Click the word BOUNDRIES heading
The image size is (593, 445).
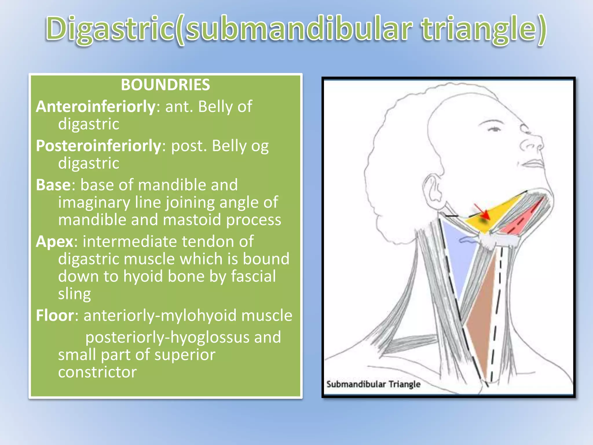pos(165,85)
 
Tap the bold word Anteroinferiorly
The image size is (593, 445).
pos(96,107)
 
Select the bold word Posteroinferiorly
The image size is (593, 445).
pos(98,146)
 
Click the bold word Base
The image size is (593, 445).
pos(53,185)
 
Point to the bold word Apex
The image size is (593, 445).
pos(54,241)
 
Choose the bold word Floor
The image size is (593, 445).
pos(55,315)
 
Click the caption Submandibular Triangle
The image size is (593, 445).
pos(373,384)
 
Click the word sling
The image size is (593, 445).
pos(74,294)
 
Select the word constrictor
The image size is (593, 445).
pos(97,372)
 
